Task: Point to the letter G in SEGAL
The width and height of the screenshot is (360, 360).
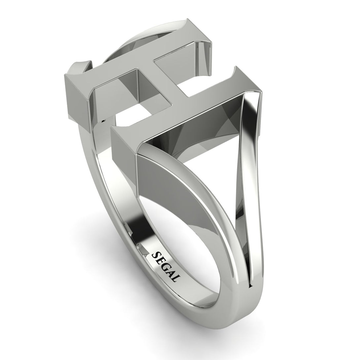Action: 165,267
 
